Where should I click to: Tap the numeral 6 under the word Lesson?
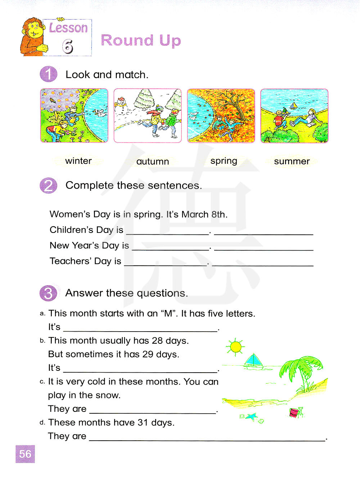[68, 46]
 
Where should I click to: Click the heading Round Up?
[141, 41]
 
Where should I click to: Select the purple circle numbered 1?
[49, 75]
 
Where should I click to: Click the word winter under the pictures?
[78, 161]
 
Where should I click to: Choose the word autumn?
[153, 162]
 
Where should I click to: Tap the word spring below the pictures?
[224, 161]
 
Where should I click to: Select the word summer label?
[292, 161]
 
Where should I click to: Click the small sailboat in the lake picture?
[294, 105]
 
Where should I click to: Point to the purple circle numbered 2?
[49, 186]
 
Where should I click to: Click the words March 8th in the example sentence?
[204, 215]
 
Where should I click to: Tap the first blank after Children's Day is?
[168, 232]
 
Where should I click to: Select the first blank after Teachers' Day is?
[166, 263]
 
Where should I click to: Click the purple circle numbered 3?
[49, 293]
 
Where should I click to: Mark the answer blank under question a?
[140, 328]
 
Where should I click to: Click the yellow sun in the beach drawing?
[236, 347]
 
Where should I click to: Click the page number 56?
[25, 454]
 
